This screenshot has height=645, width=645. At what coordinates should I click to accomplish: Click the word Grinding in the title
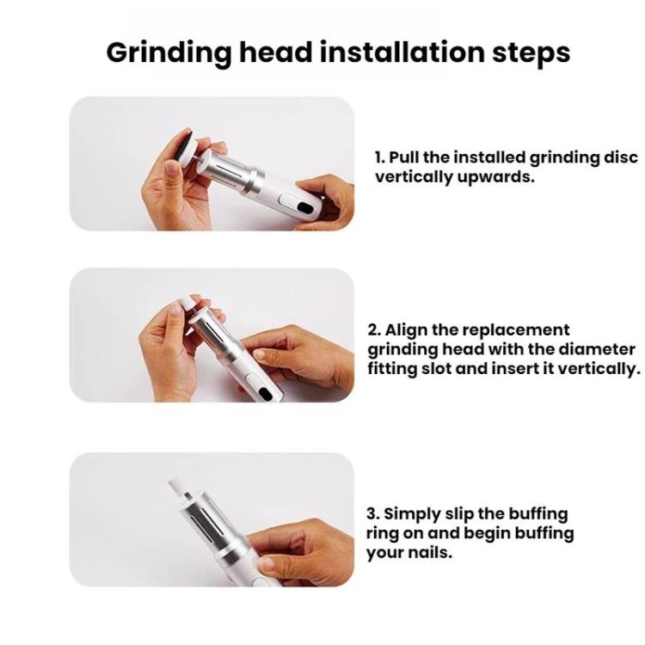[166, 52]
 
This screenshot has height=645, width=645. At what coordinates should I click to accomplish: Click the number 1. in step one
[379, 158]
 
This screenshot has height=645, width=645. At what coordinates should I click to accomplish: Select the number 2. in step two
[374, 330]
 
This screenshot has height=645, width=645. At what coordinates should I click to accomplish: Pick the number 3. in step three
[373, 514]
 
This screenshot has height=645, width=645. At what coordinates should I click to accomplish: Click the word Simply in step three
[410, 514]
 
